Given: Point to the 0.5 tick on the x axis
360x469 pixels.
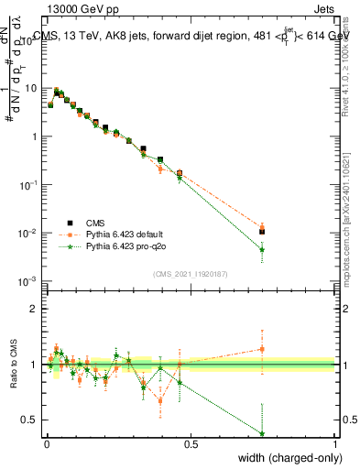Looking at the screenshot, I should click(x=191, y=444).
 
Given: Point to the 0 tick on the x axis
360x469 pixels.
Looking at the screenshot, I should click(x=47, y=444).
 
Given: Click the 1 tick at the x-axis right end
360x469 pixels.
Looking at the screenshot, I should click(x=334, y=444).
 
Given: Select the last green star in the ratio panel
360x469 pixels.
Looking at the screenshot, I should click(x=262, y=434).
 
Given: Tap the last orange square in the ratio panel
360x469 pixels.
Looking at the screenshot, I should click(x=262, y=348).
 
